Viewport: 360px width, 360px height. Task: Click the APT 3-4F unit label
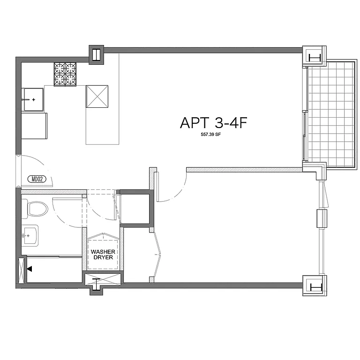(x=213, y=123)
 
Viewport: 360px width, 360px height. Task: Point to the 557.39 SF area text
(x=213, y=135)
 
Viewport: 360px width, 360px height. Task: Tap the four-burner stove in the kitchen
(x=65, y=74)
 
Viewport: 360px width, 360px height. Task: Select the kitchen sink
(x=33, y=99)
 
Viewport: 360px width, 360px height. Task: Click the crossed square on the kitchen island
(x=97, y=97)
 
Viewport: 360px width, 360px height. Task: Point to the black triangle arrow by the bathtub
(x=30, y=269)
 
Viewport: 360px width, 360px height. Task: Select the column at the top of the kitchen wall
(x=96, y=54)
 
